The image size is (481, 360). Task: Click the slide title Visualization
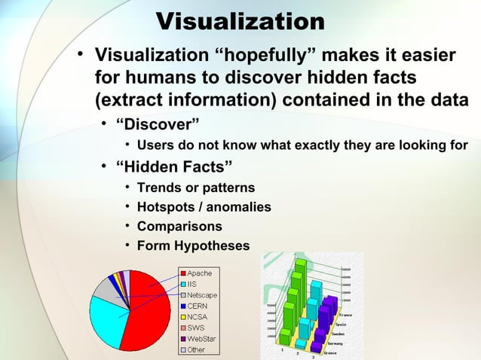240,20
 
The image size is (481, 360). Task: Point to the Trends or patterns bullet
196,187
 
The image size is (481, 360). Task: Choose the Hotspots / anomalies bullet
204,206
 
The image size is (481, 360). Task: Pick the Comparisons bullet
179,226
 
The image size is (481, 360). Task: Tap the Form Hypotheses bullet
193,246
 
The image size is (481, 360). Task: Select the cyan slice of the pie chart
106,320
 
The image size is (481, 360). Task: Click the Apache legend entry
200,273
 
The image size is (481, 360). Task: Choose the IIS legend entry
192,284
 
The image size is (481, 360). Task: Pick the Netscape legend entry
202,295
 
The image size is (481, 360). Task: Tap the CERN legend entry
197,306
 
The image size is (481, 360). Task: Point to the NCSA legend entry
198,317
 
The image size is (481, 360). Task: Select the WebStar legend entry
203,339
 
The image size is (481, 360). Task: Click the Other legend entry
196,349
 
